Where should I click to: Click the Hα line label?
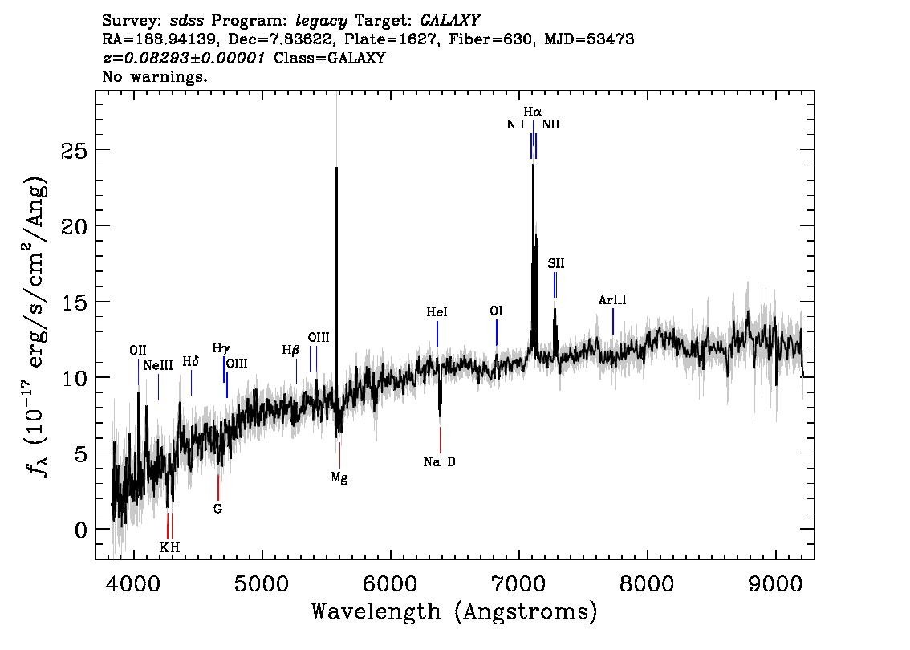coord(532,111)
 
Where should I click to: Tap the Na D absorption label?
coord(439,462)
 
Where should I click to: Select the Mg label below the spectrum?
coord(339,478)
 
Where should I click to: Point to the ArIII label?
coord(612,300)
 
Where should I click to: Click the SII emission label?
coord(556,263)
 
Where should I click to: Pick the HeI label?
coord(437,312)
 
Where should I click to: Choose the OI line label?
coord(496,311)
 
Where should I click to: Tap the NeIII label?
coord(158,366)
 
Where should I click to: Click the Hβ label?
coord(290,350)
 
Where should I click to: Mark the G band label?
coord(217,509)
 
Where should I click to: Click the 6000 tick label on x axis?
coord(391,584)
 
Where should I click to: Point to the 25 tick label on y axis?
coord(74,151)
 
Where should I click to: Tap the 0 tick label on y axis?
coord(81,530)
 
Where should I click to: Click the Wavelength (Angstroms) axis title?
coord(454,611)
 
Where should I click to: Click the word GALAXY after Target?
coord(449,21)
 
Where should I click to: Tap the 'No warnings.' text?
coord(154,76)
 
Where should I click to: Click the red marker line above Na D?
coord(440,439)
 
